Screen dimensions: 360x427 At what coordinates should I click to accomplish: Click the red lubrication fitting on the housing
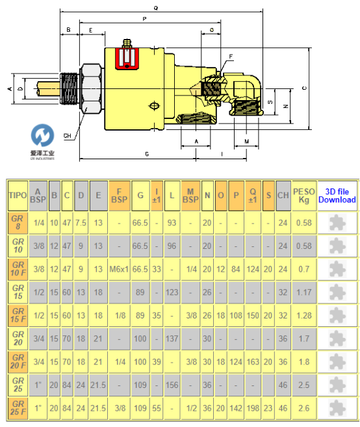point(127,58)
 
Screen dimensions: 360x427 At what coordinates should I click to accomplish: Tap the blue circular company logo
point(42,135)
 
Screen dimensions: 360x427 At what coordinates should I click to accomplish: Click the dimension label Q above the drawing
point(156,8)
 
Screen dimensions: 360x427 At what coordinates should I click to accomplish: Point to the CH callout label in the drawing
point(68,136)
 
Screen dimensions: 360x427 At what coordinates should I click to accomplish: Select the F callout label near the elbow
point(231,57)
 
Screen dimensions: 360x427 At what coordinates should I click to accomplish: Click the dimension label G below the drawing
point(147,154)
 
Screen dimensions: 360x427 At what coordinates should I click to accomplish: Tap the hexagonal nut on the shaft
point(92,89)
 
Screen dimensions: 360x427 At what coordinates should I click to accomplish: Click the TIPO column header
point(18,196)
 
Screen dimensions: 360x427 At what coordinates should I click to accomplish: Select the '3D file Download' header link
point(337,196)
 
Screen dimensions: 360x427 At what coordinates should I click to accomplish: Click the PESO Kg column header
point(304,196)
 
